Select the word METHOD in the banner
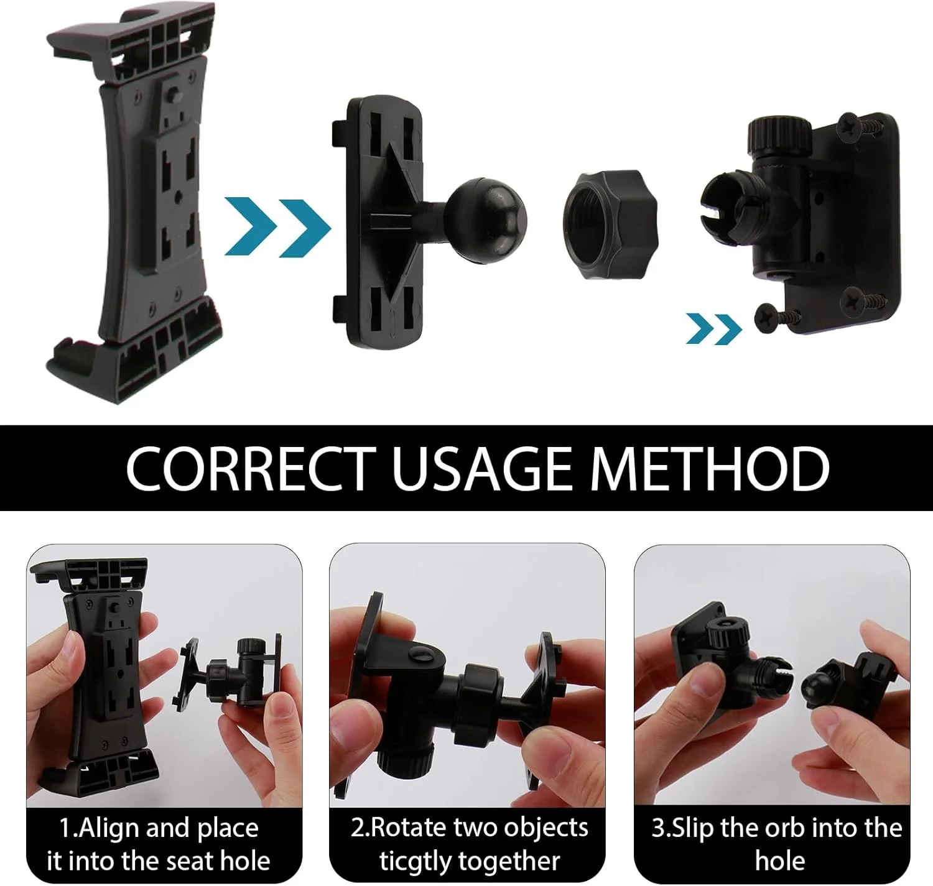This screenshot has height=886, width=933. pyautogui.click(x=710, y=468)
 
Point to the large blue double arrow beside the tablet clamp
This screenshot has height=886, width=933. pyautogui.click(x=277, y=227)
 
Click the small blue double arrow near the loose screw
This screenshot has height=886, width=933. pyautogui.click(x=714, y=328)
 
